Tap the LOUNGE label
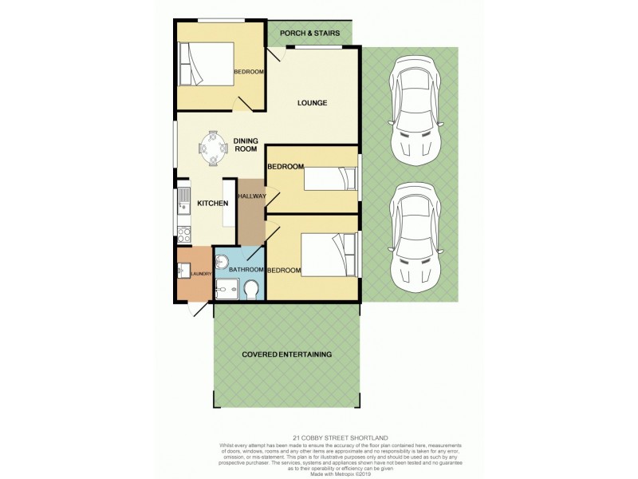tap(313, 103)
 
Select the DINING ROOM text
tap(246, 145)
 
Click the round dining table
tap(213, 148)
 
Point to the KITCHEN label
tap(214, 204)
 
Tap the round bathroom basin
tap(223, 262)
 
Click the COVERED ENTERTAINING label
tap(288, 354)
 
